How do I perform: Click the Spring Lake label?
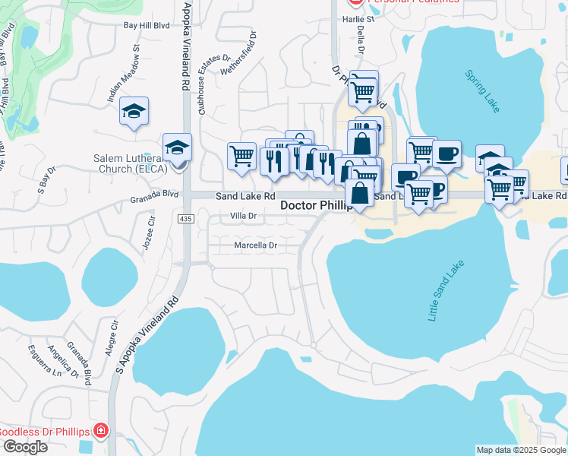483,91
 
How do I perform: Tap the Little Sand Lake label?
447,292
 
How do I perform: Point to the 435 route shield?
185,219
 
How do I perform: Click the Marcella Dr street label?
255,245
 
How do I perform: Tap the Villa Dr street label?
245,217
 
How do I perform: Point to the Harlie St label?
359,19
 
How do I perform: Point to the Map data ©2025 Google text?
521,450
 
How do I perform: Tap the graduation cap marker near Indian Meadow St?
134,112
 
